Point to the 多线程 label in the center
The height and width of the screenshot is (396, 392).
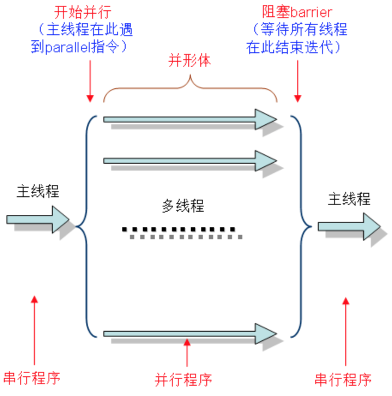pyautogui.click(x=183, y=206)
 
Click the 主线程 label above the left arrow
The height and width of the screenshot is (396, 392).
pyautogui.click(x=38, y=191)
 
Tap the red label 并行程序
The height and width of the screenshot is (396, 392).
pyautogui.click(x=183, y=379)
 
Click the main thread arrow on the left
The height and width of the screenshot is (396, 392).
pyautogui.click(x=38, y=219)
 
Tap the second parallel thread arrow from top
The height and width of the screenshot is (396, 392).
pyautogui.click(x=190, y=161)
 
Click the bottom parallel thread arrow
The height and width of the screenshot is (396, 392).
pyautogui.click(x=190, y=333)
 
